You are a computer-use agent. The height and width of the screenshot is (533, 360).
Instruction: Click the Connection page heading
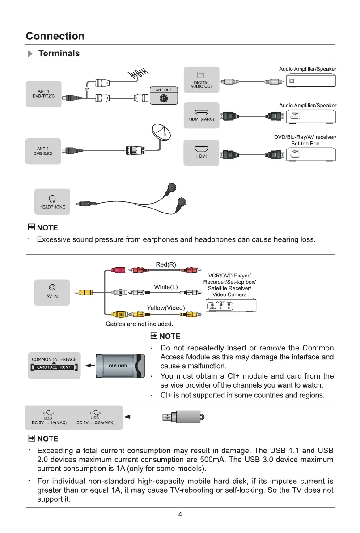(55, 36)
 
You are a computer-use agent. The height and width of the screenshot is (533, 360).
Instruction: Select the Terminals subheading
(59, 54)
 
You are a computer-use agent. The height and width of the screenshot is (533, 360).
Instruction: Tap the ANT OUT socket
(164, 99)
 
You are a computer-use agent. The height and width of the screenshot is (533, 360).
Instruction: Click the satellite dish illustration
(161, 132)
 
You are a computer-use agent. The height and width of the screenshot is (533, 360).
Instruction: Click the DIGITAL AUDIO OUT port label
(203, 85)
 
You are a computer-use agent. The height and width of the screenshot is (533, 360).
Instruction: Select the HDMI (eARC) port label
(201, 119)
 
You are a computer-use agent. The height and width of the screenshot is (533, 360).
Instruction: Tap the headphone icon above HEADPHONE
(52, 198)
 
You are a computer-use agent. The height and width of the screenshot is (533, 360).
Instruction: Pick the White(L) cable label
(166, 287)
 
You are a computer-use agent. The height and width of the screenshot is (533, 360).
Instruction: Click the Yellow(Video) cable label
(166, 307)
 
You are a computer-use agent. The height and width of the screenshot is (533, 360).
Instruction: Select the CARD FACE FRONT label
(54, 367)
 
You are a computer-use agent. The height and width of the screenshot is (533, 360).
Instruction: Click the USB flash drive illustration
(183, 417)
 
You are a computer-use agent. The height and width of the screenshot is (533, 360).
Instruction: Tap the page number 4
(180, 514)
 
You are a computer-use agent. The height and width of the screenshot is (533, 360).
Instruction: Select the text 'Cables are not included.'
(139, 324)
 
